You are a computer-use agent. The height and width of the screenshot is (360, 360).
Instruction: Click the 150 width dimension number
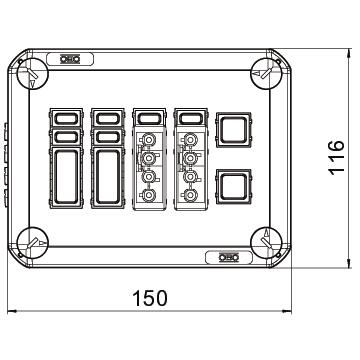(150, 298)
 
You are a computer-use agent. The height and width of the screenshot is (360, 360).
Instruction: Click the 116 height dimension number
(337, 157)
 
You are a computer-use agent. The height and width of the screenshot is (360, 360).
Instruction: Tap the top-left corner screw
(32, 74)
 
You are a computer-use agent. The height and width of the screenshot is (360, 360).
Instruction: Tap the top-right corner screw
(266, 74)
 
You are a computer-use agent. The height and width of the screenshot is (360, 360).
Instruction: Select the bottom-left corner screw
(32, 243)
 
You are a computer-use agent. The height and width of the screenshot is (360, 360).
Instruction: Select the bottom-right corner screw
(266, 243)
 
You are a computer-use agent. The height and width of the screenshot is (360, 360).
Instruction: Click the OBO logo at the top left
(70, 59)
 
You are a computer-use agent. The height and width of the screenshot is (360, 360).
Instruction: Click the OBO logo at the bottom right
(229, 257)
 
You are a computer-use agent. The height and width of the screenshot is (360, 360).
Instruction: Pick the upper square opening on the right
(233, 130)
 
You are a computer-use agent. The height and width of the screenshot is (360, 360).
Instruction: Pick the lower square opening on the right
(233, 187)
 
